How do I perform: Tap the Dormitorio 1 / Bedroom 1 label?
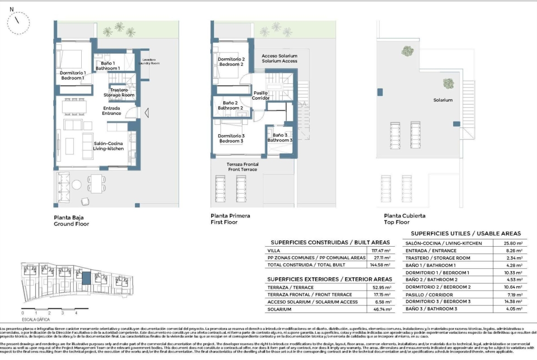tap(73, 76)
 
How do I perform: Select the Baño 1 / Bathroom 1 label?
tap(107, 66)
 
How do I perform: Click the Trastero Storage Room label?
tap(119, 93)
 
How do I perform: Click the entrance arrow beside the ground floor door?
tap(146, 113)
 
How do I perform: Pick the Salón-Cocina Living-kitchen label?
tap(108, 146)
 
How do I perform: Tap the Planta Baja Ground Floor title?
tap(71, 220)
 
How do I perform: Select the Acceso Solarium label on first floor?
tap(280, 58)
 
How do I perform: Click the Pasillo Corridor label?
tap(261, 95)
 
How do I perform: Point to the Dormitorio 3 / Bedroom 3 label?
tap(231, 138)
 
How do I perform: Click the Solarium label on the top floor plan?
tap(443, 100)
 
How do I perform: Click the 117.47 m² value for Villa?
tap(380, 251)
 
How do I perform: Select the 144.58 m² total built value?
tap(380, 265)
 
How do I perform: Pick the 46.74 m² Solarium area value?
tap(380, 310)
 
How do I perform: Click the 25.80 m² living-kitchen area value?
tap(513, 244)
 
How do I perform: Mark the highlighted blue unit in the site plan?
tap(86, 278)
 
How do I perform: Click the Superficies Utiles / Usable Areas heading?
tap(466, 233)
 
